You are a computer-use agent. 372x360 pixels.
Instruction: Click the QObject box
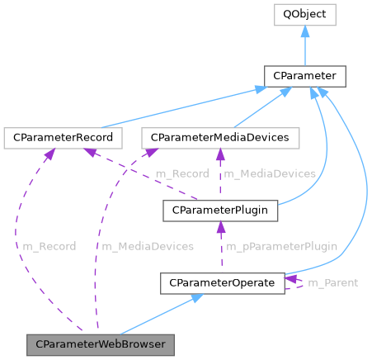(x=305, y=14)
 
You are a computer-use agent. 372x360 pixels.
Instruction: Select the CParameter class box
(x=304, y=76)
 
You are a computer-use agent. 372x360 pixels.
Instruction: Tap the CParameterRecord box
(x=63, y=136)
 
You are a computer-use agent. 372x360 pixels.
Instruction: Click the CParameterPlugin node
(x=220, y=210)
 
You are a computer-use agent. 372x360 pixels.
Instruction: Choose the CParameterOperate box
(x=222, y=282)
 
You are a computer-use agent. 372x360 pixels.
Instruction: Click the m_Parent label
(x=332, y=283)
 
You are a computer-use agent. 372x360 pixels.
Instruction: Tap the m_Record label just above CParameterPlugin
(x=181, y=173)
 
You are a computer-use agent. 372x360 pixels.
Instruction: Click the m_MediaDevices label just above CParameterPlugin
(x=269, y=173)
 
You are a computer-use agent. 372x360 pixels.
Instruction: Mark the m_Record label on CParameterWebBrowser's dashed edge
(x=49, y=246)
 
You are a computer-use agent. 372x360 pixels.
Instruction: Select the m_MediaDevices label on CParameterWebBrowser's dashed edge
(x=147, y=246)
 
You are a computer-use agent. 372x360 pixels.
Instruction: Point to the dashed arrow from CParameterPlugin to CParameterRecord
(x=132, y=169)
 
